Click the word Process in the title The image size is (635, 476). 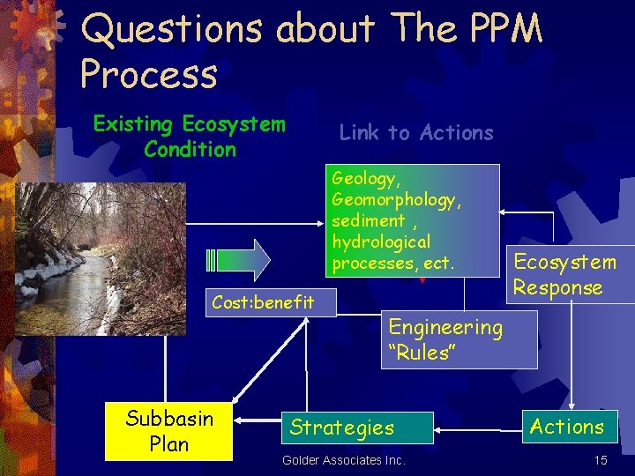point(148,74)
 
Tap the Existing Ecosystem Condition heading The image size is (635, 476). point(190,137)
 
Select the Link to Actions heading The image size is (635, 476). point(416,133)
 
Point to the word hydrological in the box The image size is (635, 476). point(381,242)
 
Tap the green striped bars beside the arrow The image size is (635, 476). point(210,260)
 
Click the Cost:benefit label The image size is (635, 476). point(263,302)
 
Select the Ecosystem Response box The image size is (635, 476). point(564,275)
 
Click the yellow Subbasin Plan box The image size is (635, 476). point(168,431)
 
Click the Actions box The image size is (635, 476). point(567,427)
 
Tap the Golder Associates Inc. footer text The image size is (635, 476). point(344,460)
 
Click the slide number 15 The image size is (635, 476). point(601,460)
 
